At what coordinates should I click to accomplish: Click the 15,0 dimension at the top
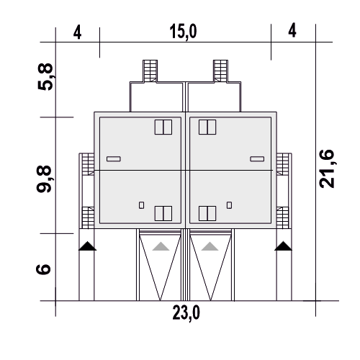(183, 32)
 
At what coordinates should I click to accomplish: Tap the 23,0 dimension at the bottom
(186, 313)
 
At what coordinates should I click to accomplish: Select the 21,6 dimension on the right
(327, 168)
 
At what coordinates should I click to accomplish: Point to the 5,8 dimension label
(45, 76)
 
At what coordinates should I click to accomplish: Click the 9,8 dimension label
(44, 179)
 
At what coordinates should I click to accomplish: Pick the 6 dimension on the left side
(43, 269)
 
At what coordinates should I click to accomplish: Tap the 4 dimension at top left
(77, 32)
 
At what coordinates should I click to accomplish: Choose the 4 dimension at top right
(292, 30)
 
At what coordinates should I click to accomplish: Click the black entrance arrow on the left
(87, 246)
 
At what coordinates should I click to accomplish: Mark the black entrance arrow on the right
(283, 246)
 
